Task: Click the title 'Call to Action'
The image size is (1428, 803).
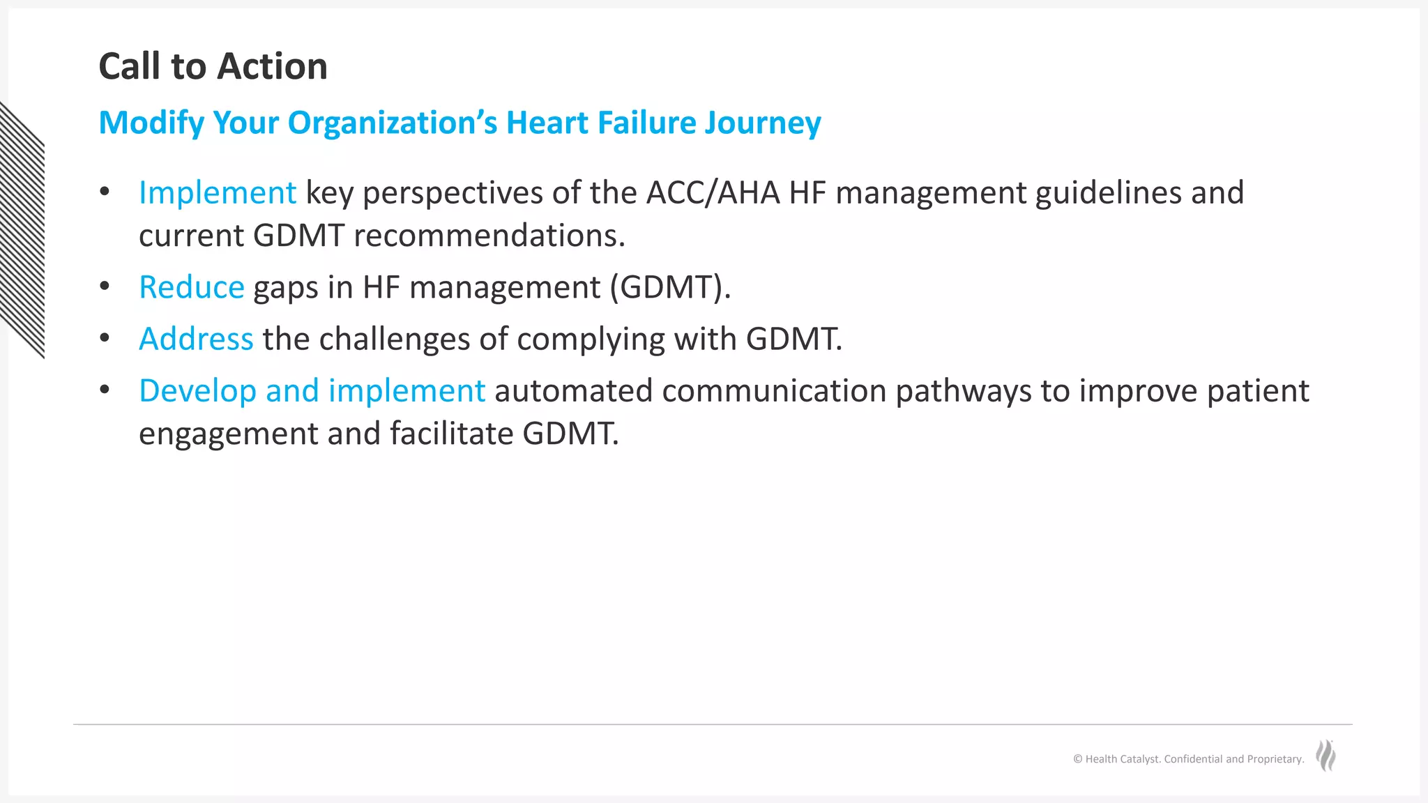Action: point(213,67)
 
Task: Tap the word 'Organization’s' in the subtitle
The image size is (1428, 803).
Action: point(393,123)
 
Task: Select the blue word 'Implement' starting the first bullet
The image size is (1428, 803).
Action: point(218,193)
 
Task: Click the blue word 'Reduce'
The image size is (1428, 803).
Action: point(192,288)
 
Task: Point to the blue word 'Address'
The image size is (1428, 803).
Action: point(196,339)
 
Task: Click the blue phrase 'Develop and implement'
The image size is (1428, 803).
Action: point(312,391)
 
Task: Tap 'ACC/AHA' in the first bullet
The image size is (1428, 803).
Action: point(713,193)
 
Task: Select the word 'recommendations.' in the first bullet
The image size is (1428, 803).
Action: point(489,236)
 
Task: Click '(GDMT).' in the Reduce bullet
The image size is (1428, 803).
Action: point(670,288)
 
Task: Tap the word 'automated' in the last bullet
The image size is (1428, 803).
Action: point(573,391)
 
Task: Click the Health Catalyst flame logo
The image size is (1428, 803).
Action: point(1326,756)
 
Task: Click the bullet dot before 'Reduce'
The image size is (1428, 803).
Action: point(105,286)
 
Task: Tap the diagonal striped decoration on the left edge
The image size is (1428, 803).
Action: point(22,230)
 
